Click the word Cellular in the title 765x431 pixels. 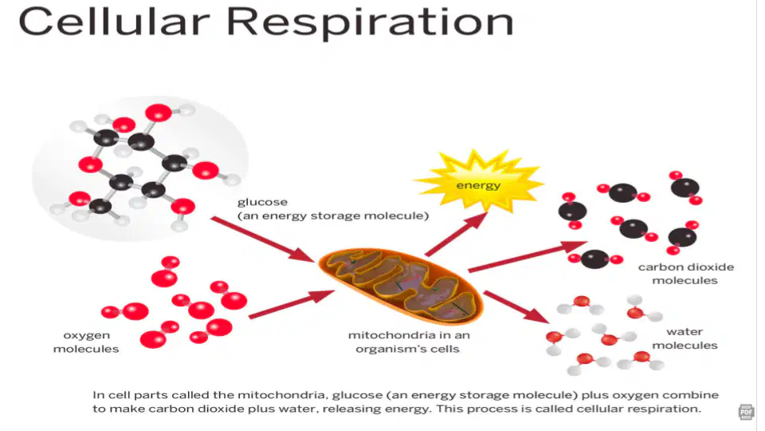click(114, 22)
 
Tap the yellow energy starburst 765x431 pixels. click(478, 181)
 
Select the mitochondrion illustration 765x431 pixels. click(401, 286)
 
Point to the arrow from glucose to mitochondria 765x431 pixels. click(262, 239)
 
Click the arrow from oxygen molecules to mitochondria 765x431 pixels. click(292, 304)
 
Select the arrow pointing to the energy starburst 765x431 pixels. click(456, 234)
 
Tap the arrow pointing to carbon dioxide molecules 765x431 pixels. click(528, 255)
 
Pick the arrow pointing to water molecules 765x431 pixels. click(516, 306)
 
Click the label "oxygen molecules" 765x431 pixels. click(86, 342)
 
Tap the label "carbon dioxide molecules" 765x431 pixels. click(685, 274)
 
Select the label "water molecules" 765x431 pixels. click(685, 338)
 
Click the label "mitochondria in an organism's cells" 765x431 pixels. click(408, 342)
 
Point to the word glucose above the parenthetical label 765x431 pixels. click(262, 202)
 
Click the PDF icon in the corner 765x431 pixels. click(746, 412)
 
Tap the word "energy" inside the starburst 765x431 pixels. click(478, 186)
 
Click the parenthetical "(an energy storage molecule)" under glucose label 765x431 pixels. click(333, 215)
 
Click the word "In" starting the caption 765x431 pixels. click(99, 395)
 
